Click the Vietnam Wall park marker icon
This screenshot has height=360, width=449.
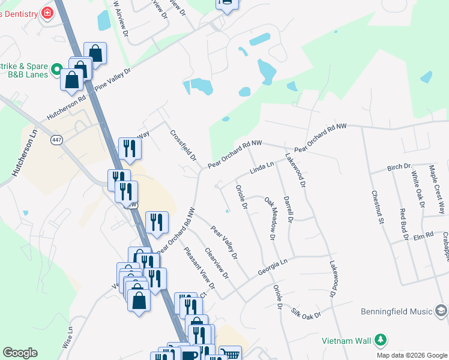tap(379, 340)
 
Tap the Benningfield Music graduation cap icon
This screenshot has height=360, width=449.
tap(441, 311)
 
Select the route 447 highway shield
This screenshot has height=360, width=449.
tap(57, 140)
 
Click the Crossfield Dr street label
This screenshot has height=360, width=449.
tap(183, 145)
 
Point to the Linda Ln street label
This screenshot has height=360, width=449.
tap(262, 167)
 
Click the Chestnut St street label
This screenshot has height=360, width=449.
tap(377, 208)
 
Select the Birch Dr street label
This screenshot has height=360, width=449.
tap(399, 166)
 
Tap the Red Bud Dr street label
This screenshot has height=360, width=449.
tap(403, 224)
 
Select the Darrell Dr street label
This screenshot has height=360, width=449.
tap(288, 209)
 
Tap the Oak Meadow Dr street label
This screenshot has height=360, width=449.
tap(270, 219)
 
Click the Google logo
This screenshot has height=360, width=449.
tap(20, 353)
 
